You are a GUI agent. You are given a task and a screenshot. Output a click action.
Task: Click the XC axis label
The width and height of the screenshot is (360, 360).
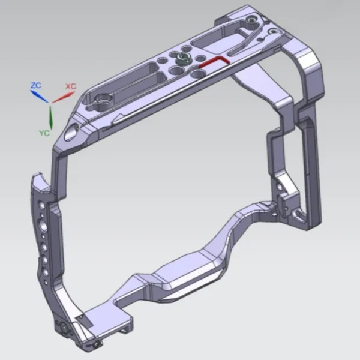point(70,86)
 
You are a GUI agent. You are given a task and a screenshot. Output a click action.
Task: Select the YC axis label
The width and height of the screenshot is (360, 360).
point(44,131)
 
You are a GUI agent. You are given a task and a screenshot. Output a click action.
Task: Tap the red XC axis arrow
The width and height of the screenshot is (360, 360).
point(62,95)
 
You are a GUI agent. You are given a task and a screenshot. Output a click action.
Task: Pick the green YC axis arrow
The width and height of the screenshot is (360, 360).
point(50,117)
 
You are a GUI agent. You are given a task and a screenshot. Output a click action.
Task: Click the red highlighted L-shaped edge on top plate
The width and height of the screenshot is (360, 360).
point(213,62)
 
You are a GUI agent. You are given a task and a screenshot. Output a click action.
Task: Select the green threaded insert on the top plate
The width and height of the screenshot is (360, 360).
point(182,58)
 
